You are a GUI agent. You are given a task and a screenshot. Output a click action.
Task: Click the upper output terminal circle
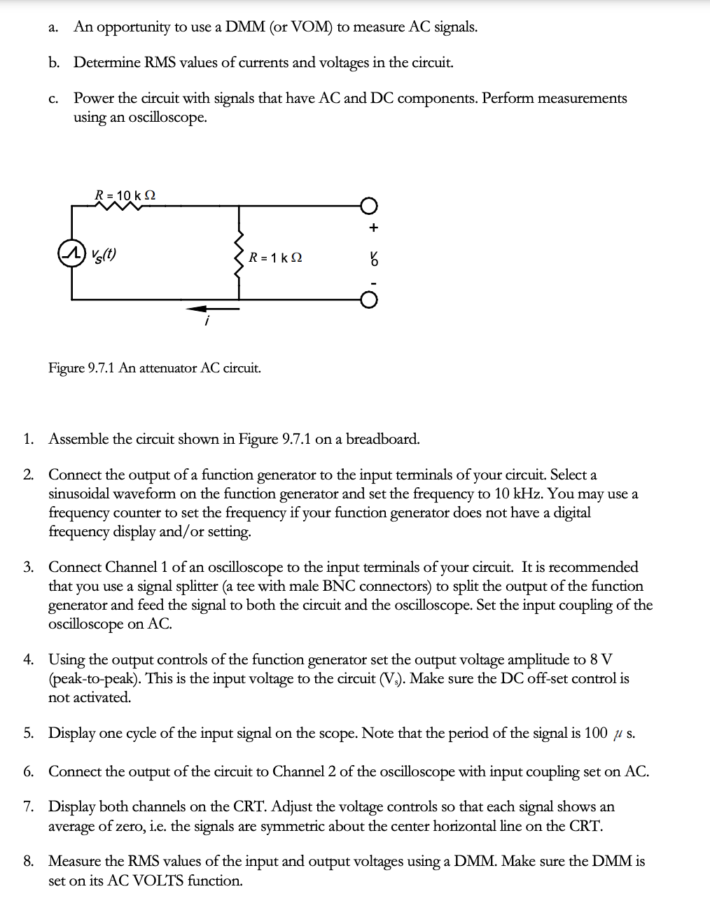(x=369, y=206)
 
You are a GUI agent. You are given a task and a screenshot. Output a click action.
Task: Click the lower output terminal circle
(x=369, y=300)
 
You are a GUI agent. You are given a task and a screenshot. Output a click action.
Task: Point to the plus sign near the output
(x=373, y=227)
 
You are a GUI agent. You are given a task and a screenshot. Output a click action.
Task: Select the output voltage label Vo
(x=374, y=258)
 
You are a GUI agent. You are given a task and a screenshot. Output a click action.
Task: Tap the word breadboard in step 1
(x=383, y=439)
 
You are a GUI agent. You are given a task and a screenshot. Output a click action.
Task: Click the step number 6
(x=28, y=771)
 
